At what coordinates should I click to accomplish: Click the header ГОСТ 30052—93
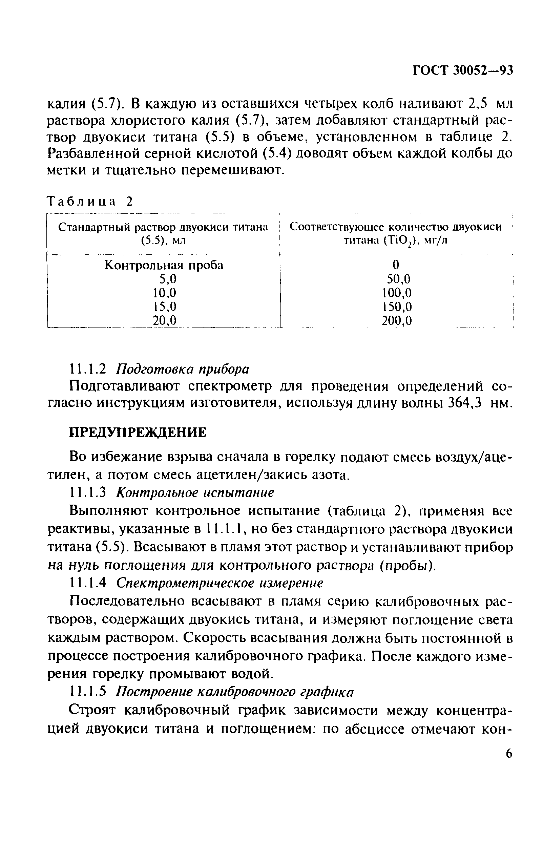(463, 71)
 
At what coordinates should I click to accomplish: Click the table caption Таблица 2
(91, 202)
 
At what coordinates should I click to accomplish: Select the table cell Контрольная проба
(164, 265)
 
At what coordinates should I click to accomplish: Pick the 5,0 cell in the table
(167, 279)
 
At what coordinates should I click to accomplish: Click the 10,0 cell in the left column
(165, 293)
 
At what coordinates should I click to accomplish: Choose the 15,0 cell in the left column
(165, 307)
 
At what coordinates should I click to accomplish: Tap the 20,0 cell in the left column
(165, 320)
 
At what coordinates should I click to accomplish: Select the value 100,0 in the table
(397, 293)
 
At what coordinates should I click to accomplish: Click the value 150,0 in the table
(397, 307)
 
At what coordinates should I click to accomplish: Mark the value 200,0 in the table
(397, 320)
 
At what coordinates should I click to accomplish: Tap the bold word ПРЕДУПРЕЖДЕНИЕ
(138, 432)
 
